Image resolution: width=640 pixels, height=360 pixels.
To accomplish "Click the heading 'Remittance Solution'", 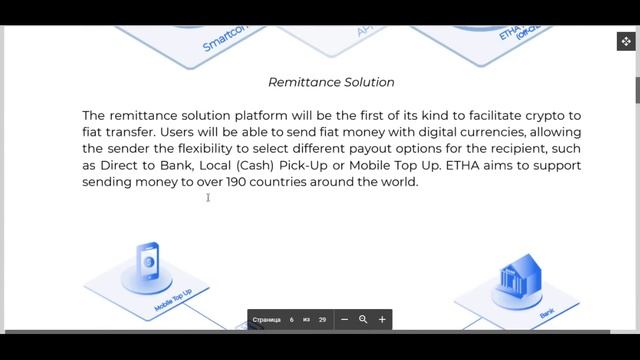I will point(331,82).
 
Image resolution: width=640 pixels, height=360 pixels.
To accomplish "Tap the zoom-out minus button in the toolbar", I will point(344,319).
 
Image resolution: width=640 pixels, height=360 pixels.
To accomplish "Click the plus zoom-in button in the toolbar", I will point(382,319).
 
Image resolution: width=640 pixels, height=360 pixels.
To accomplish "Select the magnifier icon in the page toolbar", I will point(363,319).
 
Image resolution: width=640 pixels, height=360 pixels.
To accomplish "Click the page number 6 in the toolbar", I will point(292,320).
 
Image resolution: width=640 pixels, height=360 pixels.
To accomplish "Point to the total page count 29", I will point(322,320).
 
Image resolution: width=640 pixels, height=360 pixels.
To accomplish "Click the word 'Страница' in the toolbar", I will point(267,320).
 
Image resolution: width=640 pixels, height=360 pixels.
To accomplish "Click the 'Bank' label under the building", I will point(547,314).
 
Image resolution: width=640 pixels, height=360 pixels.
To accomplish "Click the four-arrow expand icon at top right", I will point(626,41).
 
